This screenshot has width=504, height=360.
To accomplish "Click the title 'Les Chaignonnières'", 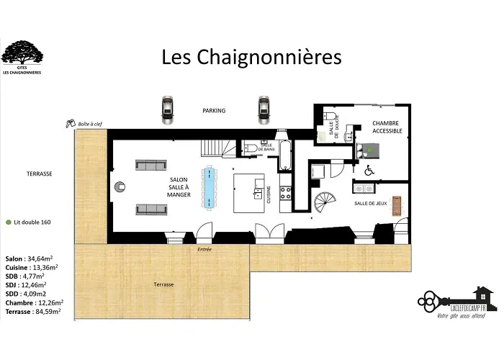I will click(x=251, y=56).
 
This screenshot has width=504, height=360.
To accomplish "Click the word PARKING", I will click(x=214, y=111).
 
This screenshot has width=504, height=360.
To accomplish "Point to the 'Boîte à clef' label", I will click(x=91, y=124).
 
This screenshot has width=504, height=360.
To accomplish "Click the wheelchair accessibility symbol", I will click(x=369, y=171).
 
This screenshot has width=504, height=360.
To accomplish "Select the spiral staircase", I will click(x=325, y=204).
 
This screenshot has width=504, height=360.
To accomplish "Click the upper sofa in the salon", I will click(x=150, y=166).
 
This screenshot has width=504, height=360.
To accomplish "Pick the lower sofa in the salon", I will click(x=150, y=210).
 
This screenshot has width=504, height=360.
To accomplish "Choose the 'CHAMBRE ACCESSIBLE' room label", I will click(x=385, y=127).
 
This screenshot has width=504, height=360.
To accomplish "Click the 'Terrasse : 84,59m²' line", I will click(x=33, y=312).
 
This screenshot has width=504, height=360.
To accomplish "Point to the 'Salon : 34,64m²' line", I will click(x=31, y=258).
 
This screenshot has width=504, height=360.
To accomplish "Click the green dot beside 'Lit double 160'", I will click(x=8, y=222).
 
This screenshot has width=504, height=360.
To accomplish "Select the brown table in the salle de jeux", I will click(x=397, y=204).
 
